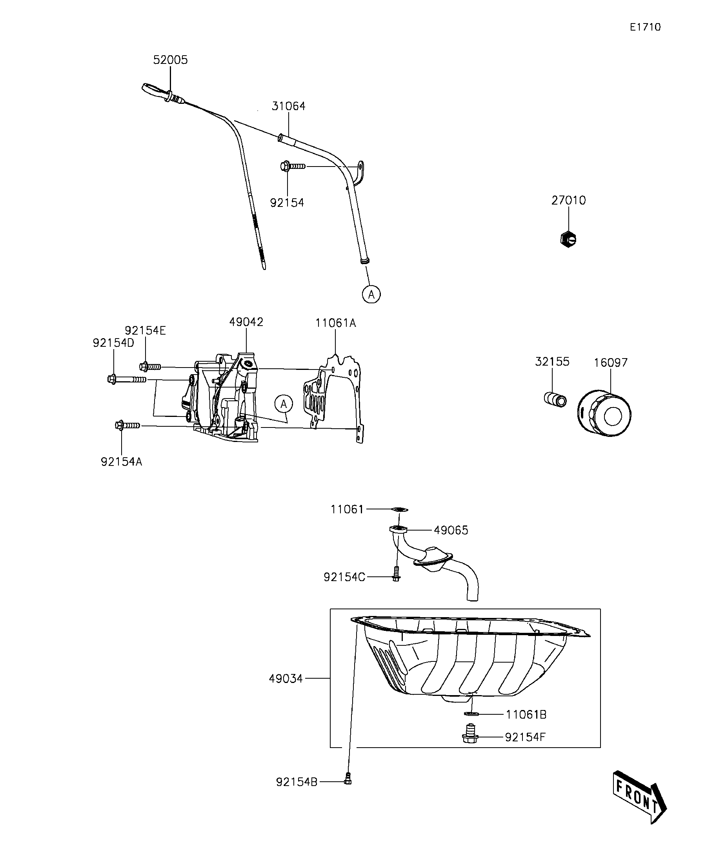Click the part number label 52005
[170, 60]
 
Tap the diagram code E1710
[645, 27]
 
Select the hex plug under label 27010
[568, 239]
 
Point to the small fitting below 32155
[554, 399]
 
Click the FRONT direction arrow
[639, 796]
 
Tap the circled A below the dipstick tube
[371, 294]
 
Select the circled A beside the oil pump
[283, 404]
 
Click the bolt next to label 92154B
[348, 778]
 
